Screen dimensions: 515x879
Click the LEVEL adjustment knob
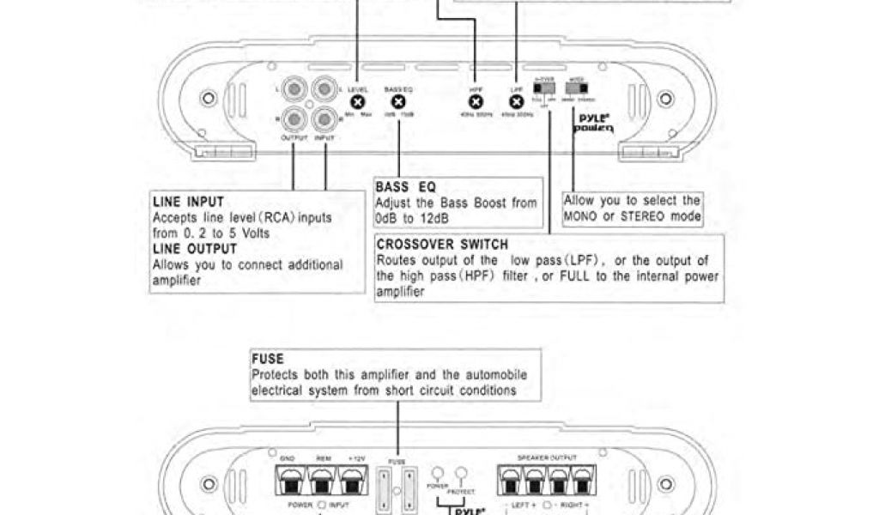(x=358, y=100)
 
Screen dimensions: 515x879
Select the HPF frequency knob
(x=476, y=101)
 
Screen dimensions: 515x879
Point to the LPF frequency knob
(x=516, y=101)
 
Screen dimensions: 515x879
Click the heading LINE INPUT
(x=188, y=203)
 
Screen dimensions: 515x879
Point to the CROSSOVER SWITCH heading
(x=442, y=245)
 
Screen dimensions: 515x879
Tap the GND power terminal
(x=288, y=482)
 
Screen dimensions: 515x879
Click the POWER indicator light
(x=438, y=474)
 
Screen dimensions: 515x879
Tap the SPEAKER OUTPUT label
(x=548, y=459)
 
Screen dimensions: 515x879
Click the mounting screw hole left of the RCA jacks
(x=208, y=100)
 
